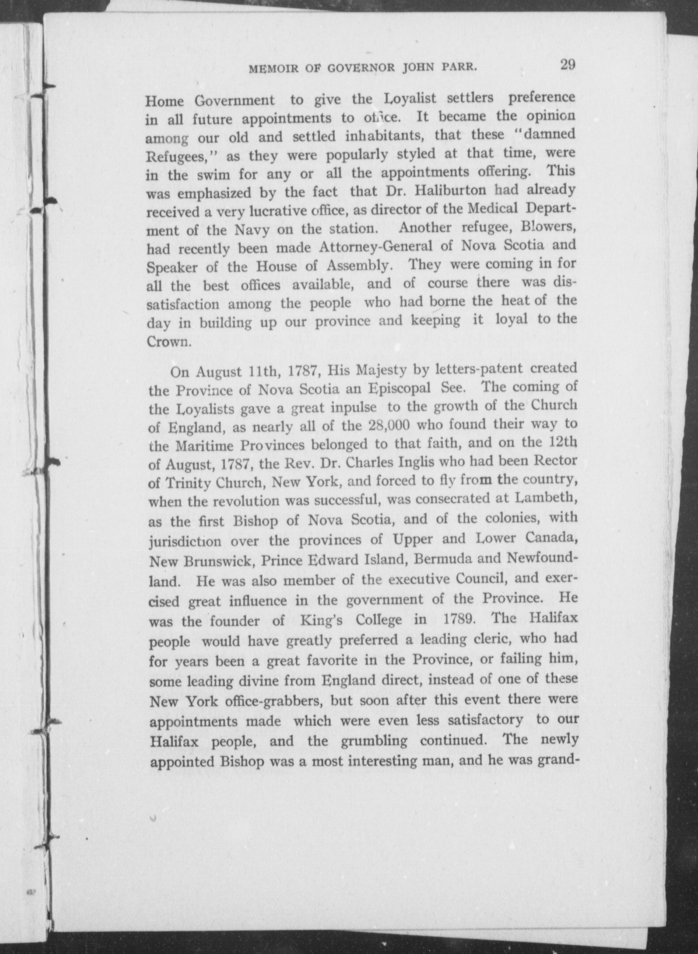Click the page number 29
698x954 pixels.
[x=568, y=65]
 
